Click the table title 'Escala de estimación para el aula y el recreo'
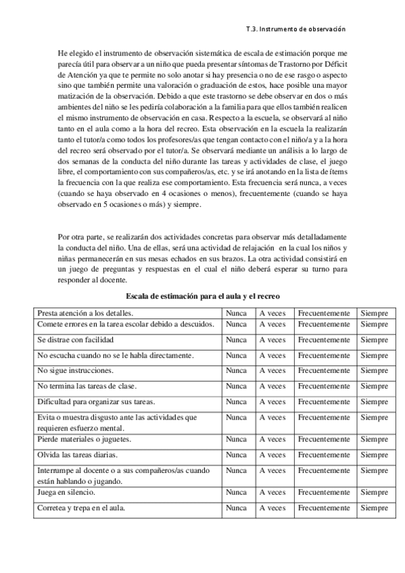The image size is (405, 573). coord(203,297)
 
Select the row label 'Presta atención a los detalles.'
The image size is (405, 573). coord(85,313)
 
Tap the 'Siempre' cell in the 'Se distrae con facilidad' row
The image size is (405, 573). coord(374,340)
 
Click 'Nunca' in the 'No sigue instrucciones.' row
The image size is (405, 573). coord(236,370)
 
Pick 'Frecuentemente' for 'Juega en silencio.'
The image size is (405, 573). coord(324,493)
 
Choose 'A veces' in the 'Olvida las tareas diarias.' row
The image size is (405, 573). coord(272,455)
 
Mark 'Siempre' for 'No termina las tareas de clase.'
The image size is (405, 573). coord(374,386)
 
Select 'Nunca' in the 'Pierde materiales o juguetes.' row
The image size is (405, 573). coord(236,439)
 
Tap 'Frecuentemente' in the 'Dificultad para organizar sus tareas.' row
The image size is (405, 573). coord(324,401)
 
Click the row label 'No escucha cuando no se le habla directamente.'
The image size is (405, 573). coord(116,355)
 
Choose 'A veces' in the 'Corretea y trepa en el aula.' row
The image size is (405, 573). coord(272,508)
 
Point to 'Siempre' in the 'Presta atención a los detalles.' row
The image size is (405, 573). coord(374,313)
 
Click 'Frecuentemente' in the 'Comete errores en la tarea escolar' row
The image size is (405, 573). coord(324,324)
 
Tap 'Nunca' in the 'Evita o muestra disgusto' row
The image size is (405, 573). coord(236,418)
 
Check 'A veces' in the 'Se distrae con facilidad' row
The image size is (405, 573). coord(272,340)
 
